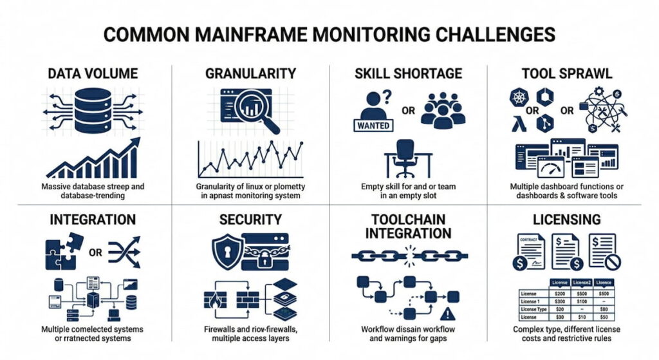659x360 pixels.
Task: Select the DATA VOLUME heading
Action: pyautogui.click(x=93, y=73)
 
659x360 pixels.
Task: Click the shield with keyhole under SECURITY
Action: pyautogui.click(x=227, y=247)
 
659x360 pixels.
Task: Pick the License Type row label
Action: pyautogui.click(x=532, y=309)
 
